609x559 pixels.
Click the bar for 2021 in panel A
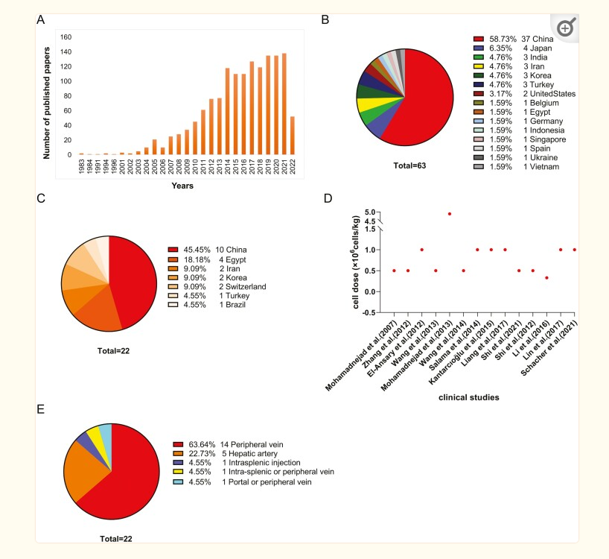(x=284, y=104)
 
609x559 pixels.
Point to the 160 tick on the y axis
(x=66, y=37)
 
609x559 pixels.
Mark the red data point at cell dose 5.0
(x=450, y=214)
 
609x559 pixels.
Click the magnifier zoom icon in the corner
(x=565, y=28)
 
